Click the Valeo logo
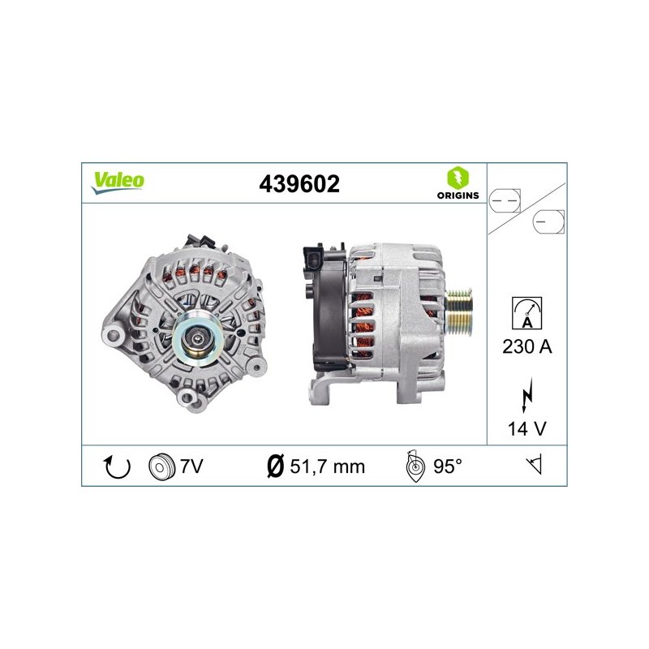pyautogui.click(x=118, y=182)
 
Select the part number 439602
pyautogui.click(x=299, y=184)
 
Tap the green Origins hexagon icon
pyautogui.click(x=458, y=178)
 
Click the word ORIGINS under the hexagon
pyautogui.click(x=458, y=196)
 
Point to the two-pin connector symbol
pyautogui.click(x=505, y=201)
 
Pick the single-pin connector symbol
pyautogui.click(x=548, y=221)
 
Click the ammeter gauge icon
pyautogui.click(x=527, y=313)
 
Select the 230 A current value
pyautogui.click(x=527, y=346)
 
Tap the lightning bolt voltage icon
pyautogui.click(x=527, y=394)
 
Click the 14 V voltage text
pyautogui.click(x=527, y=428)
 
